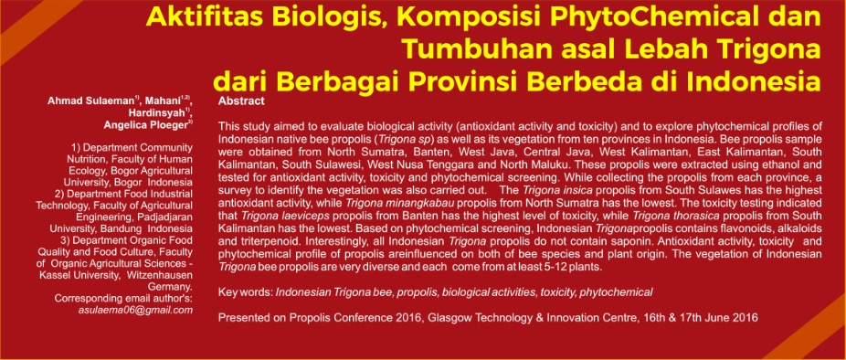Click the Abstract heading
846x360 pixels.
[x=241, y=101]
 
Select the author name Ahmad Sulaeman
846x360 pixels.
[x=91, y=101]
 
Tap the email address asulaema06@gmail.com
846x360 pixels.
[x=135, y=310]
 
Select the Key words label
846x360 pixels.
[x=246, y=292]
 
